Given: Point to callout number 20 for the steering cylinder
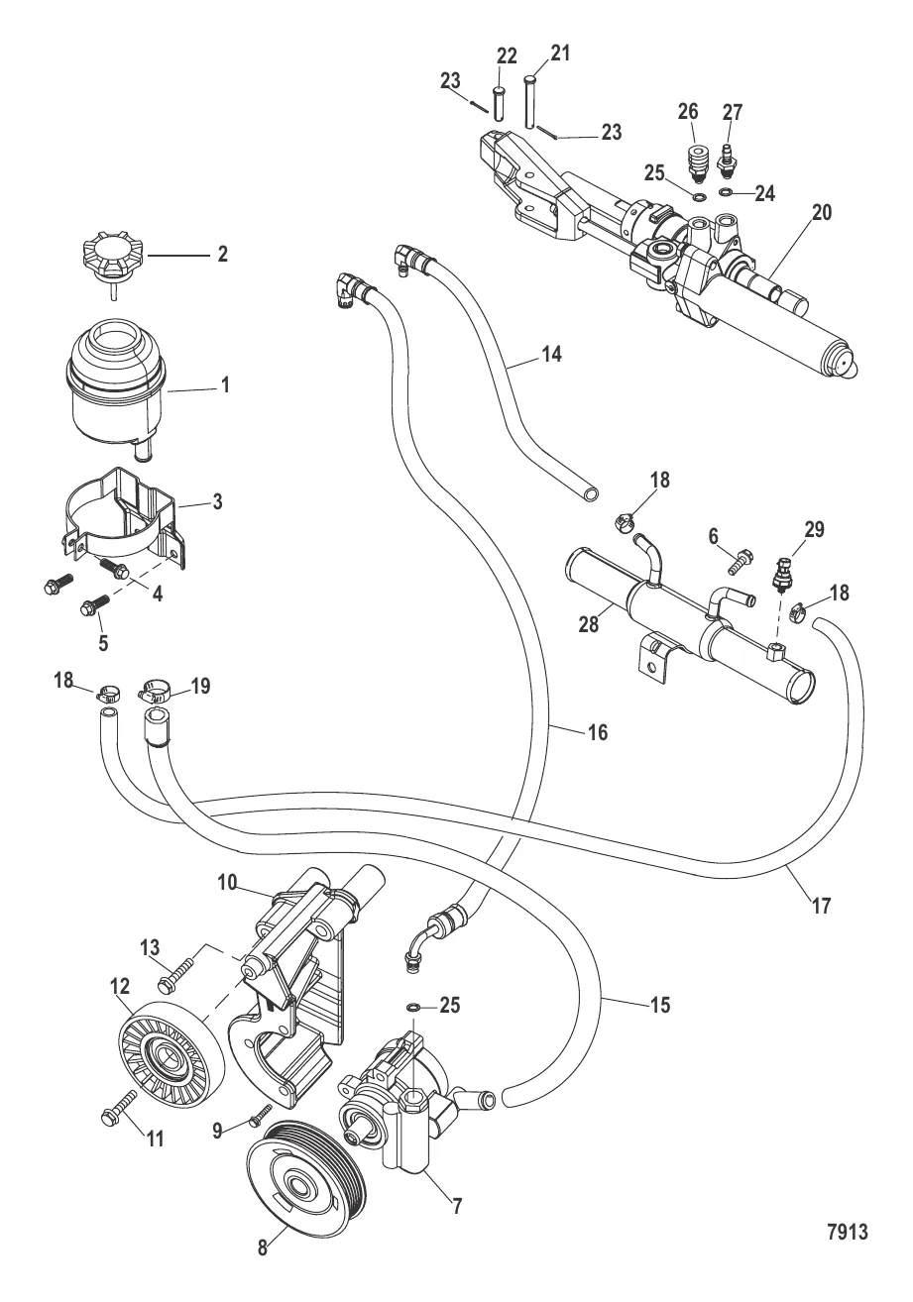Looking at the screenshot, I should (x=822, y=211).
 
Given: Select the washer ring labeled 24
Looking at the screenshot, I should (x=727, y=192).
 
